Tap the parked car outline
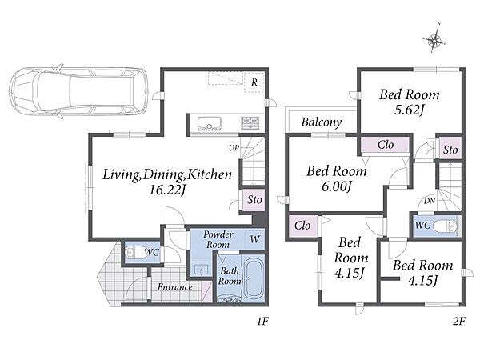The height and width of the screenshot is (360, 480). coord(78,91)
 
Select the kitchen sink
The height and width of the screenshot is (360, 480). coord(210,123)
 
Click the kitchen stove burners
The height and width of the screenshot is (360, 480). coord(250,122)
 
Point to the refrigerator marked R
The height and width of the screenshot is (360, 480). coord(254,82)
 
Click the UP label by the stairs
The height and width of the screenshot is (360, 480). coord(234,148)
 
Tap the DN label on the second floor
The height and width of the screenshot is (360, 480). coord(430,201)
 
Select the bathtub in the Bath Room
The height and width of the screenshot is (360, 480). coord(253,277)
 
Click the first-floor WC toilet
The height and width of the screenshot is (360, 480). coord(133,252)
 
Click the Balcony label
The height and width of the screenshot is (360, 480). coord(321,122)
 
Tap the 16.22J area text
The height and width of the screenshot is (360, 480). coord(167,190)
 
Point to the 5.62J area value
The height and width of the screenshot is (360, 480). coord(409,110)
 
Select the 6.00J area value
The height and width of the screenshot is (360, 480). coord(336,186)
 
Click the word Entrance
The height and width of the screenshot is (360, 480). coord(174,287)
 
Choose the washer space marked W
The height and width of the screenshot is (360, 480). coord(254,239)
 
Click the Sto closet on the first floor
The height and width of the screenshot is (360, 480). coord(254,200)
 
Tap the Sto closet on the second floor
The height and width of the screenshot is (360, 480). coord(450,150)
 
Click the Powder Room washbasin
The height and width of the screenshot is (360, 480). coord(202,270)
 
